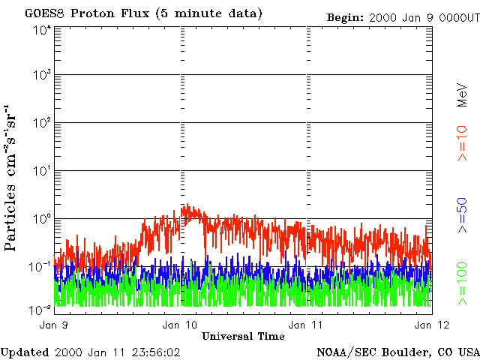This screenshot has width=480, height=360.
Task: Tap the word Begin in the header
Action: click(x=346, y=17)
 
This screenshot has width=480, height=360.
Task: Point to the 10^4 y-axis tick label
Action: click(x=41, y=30)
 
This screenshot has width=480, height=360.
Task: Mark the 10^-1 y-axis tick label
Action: click(x=41, y=267)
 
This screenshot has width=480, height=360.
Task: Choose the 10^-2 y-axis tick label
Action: click(x=41, y=309)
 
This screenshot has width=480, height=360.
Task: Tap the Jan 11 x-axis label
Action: click(x=305, y=325)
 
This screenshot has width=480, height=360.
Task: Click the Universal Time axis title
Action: click(x=243, y=336)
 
